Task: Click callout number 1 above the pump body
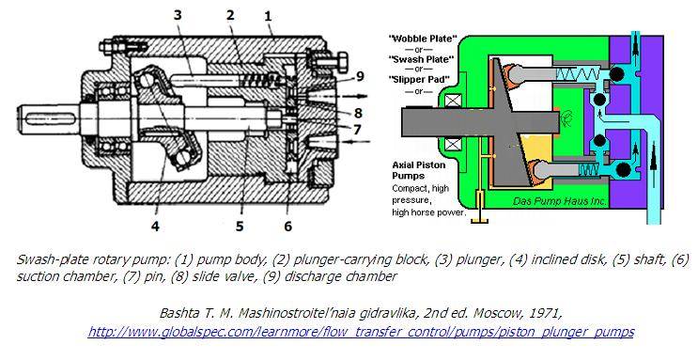(268, 17)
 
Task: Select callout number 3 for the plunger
(178, 15)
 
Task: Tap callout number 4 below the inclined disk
(155, 226)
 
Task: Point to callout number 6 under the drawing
(288, 226)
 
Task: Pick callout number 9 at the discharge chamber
(360, 76)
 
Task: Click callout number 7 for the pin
(357, 130)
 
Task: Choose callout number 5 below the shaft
(240, 226)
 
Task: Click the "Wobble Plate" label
(423, 39)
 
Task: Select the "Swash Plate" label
(421, 59)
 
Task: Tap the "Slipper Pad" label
(419, 79)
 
